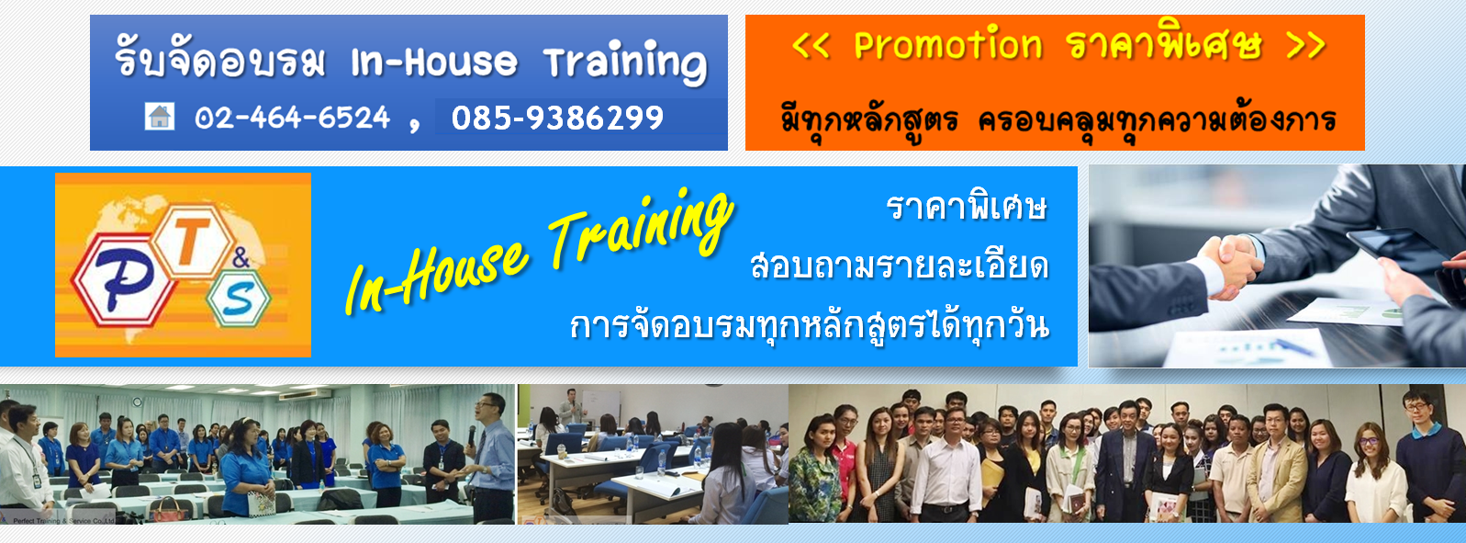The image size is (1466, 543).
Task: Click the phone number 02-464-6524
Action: tap(292, 119)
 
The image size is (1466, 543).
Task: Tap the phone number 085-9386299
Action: tap(557, 119)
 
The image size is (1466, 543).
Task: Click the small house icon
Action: tap(160, 117)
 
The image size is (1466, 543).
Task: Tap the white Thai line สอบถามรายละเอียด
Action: tap(900, 266)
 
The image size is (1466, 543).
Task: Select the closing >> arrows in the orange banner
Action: tap(1306, 45)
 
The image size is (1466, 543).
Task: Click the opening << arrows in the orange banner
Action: tap(811, 46)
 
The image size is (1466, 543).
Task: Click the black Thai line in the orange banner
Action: tap(1058, 120)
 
